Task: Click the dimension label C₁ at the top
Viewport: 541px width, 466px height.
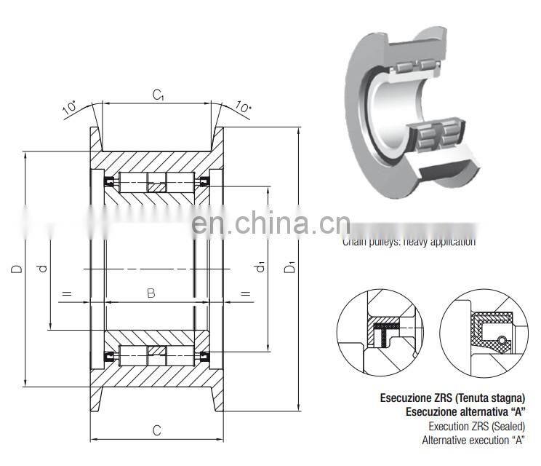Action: pos(158,95)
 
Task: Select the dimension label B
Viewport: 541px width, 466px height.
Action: pos(151,293)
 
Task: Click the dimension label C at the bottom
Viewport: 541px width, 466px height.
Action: pos(156,430)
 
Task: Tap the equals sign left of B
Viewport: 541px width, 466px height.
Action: pos(66,294)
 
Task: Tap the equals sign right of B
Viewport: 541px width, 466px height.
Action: pos(244,294)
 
